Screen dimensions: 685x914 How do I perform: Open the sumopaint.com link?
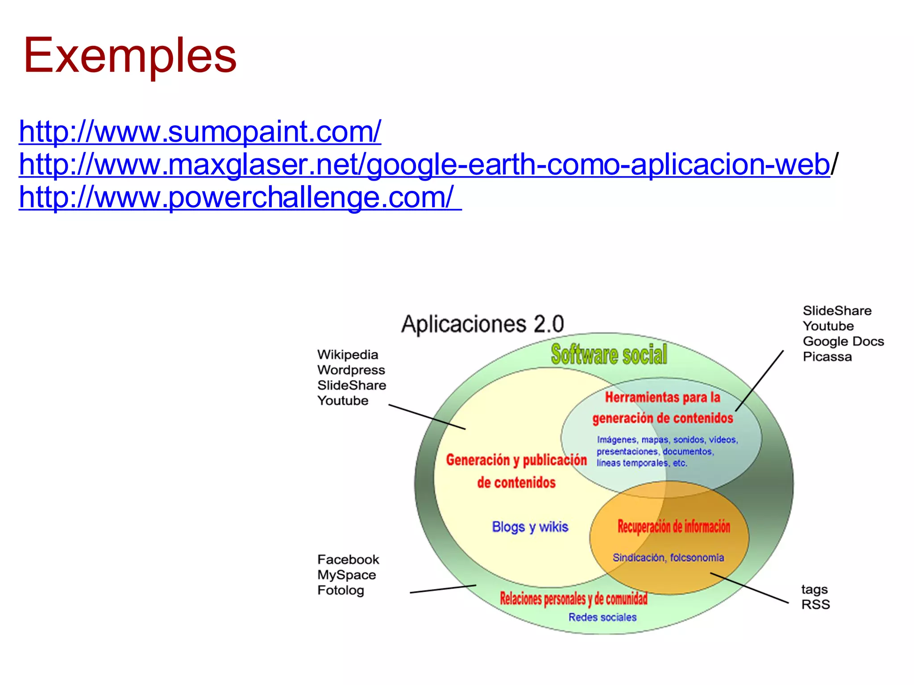click(200, 132)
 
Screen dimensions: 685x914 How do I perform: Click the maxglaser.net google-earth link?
click(424, 165)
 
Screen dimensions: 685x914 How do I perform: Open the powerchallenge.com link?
click(237, 197)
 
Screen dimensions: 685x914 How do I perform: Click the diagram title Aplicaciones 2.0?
click(482, 324)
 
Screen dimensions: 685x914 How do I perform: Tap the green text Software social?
click(609, 355)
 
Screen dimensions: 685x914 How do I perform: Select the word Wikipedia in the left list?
click(348, 355)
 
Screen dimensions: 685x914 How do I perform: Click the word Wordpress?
click(351, 370)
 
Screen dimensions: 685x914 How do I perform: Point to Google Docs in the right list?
click(843, 342)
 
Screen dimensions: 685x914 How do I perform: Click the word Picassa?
click(827, 357)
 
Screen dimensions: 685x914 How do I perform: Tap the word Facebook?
click(348, 560)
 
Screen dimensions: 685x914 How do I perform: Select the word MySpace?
click(346, 575)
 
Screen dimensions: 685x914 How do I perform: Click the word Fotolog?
click(341, 590)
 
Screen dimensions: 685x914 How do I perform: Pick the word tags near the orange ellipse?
click(814, 590)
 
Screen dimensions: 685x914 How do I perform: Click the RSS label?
click(815, 605)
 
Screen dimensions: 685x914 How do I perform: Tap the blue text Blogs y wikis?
click(530, 527)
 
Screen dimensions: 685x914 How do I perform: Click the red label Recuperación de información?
click(673, 527)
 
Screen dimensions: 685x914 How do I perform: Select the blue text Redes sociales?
click(602, 617)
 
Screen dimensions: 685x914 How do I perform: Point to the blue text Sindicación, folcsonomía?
click(668, 557)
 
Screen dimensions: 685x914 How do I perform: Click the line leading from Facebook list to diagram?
click(443, 589)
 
